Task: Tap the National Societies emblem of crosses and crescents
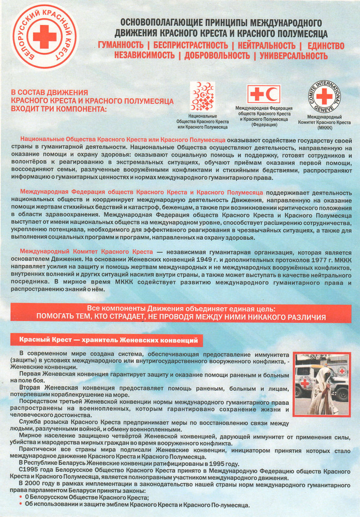click(203, 96)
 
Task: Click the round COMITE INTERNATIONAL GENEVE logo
click(324, 96)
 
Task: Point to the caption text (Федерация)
click(264, 125)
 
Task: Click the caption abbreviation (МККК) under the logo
click(324, 127)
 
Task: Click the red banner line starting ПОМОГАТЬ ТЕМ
click(181, 317)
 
